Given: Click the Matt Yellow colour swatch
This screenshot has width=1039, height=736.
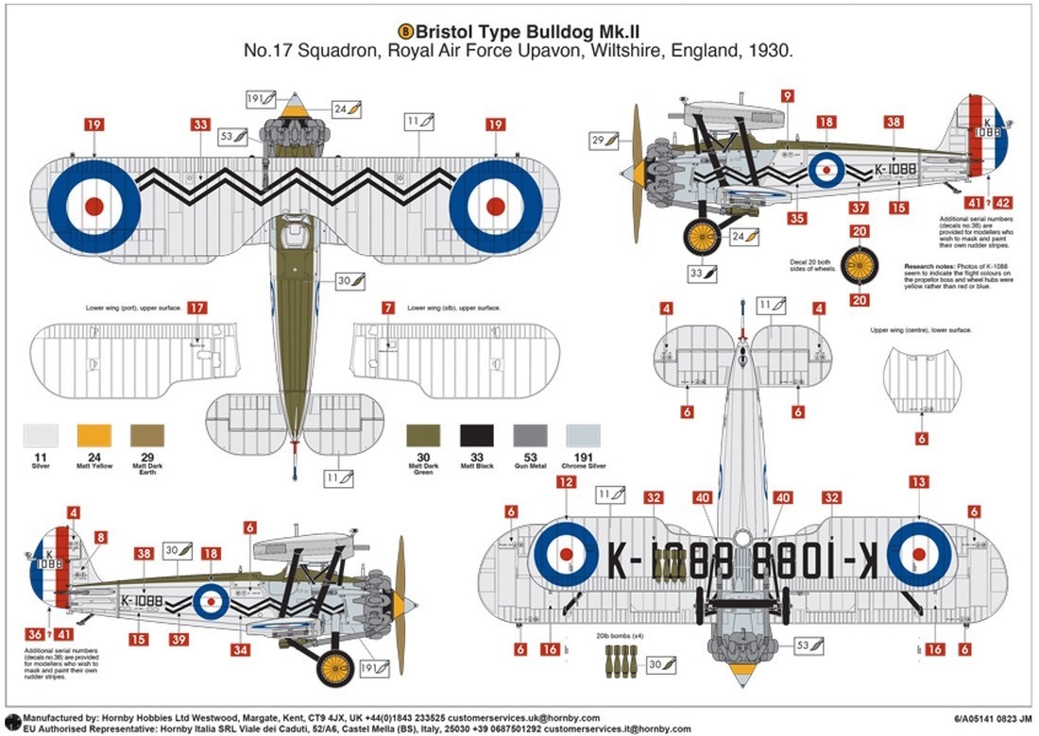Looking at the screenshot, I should pos(94,435).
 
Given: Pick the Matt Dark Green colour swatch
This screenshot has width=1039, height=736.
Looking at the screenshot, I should pos(423,435).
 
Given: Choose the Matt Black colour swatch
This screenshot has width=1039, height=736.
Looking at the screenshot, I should pos(476,435).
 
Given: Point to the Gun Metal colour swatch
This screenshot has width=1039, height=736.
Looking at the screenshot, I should pos(529,435).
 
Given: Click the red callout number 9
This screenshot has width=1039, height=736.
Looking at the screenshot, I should pos(787,94).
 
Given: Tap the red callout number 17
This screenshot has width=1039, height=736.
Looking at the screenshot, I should pos(196,308).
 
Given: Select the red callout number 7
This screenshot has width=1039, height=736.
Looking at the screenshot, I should pos(389,308).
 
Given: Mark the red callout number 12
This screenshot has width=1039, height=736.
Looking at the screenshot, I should pos(566,482).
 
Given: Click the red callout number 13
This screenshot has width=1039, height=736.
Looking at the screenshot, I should pos(918,482).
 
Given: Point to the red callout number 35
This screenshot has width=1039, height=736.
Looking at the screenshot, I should pos(797,218).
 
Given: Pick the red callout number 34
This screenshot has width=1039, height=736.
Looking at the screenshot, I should pos(242,650).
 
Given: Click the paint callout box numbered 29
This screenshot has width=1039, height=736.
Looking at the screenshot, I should pos(605,141).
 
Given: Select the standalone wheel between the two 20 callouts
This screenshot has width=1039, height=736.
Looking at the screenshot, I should pos(859,265).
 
